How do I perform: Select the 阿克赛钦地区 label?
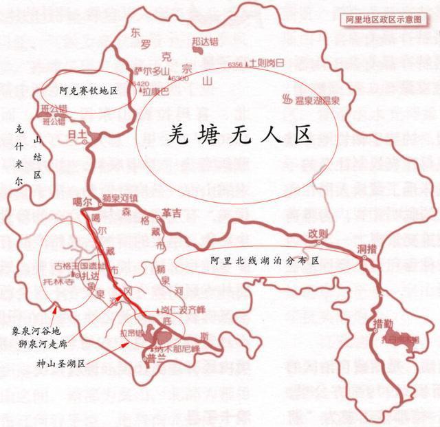click(88, 91)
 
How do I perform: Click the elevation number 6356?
click(234, 64)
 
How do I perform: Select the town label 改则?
click(318, 232)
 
